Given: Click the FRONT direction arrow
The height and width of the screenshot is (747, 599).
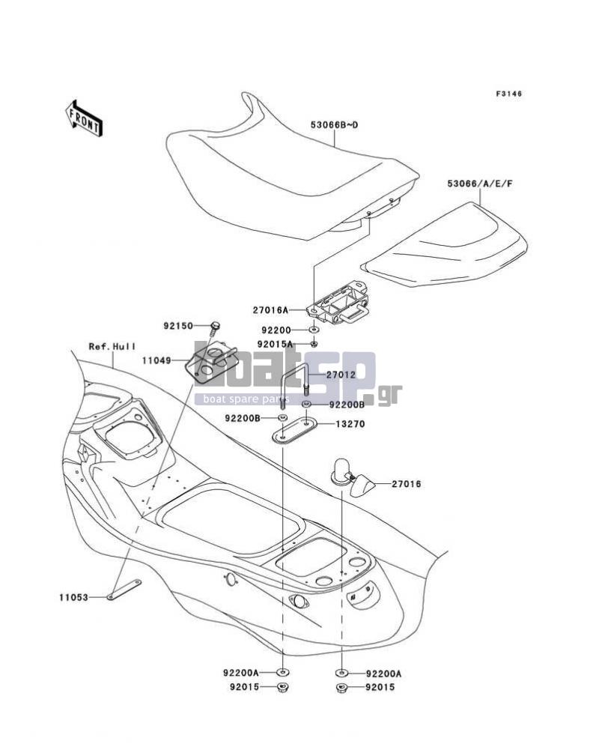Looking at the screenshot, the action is pyautogui.click(x=84, y=118).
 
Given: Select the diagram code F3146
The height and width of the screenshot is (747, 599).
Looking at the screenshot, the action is pyautogui.click(x=508, y=94).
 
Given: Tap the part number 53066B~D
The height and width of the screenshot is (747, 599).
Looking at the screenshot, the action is pyautogui.click(x=334, y=125).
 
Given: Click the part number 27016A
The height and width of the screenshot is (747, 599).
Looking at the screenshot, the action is pyautogui.click(x=270, y=310).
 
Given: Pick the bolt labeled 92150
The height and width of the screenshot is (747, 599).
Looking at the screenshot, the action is pyautogui.click(x=215, y=327).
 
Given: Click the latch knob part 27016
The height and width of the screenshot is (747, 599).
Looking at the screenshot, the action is pyautogui.click(x=359, y=478).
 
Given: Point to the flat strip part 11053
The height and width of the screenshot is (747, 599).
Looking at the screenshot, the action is pyautogui.click(x=124, y=589).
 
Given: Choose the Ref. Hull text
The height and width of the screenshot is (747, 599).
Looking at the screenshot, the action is pyautogui.click(x=112, y=347).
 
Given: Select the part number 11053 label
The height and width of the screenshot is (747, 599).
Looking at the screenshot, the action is pyautogui.click(x=74, y=597).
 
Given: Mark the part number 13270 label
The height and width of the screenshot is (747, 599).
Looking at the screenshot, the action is pyautogui.click(x=350, y=423).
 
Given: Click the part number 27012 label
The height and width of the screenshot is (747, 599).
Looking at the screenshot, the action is pyautogui.click(x=341, y=375).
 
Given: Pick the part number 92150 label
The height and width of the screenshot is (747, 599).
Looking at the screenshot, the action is pyautogui.click(x=178, y=327).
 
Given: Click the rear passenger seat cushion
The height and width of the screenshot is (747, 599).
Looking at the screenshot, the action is pyautogui.click(x=444, y=246).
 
